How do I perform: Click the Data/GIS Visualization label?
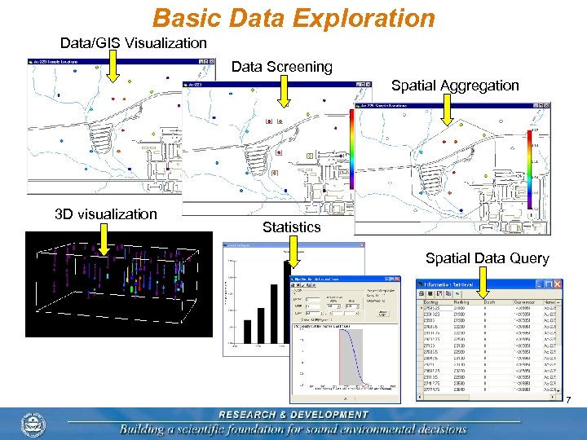[134, 42]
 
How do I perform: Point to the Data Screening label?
[282, 67]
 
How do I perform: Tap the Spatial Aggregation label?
[455, 85]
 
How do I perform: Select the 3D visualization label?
[105, 214]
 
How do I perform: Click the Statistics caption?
[291, 227]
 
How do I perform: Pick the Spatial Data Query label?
[488, 258]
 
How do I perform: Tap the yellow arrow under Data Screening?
[283, 91]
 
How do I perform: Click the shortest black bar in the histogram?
[247, 332]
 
